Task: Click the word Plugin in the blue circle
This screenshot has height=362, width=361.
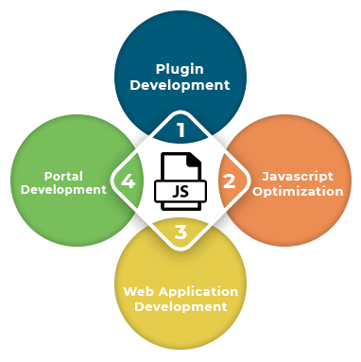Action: coord(180,68)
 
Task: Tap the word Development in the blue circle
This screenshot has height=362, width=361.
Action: coord(180,85)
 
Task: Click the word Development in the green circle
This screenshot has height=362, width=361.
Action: coord(63,190)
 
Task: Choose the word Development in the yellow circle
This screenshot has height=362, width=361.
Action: coord(180,307)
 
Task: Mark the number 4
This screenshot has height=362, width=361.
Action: coord(127,182)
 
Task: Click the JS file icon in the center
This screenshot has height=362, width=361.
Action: coord(180,181)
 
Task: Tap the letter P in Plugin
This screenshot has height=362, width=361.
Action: coord(160,68)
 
